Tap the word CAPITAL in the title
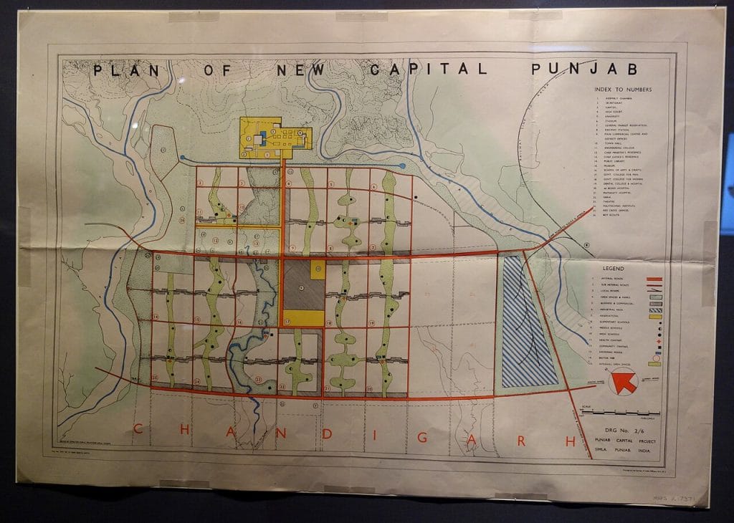click(x=429, y=69)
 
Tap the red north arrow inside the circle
click(x=624, y=383)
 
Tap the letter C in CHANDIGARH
click(x=137, y=430)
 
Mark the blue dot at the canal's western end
click(x=182, y=158)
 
